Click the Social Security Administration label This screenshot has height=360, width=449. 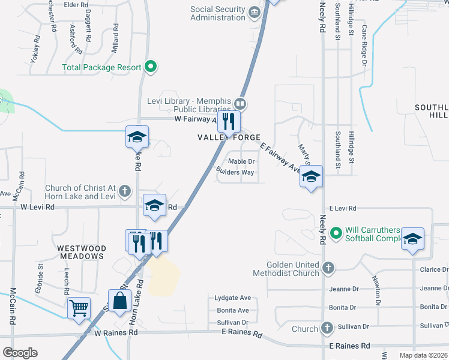[x=218, y=13]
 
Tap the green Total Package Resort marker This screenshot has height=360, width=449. [x=151, y=67]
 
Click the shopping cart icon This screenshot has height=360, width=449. [x=79, y=308]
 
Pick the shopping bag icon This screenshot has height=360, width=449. [x=119, y=301]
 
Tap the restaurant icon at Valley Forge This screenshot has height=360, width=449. [x=229, y=122]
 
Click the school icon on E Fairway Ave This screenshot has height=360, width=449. [x=311, y=176]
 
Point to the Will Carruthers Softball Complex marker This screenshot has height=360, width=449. [x=336, y=231]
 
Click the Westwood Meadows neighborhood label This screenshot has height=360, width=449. [x=82, y=252]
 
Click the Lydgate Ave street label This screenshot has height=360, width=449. [x=232, y=298]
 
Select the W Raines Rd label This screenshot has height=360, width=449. [x=116, y=332]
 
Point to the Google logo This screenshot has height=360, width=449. [x=20, y=353]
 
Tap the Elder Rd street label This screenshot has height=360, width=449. [x=76, y=5]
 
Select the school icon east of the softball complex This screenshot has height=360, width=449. [x=412, y=238]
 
